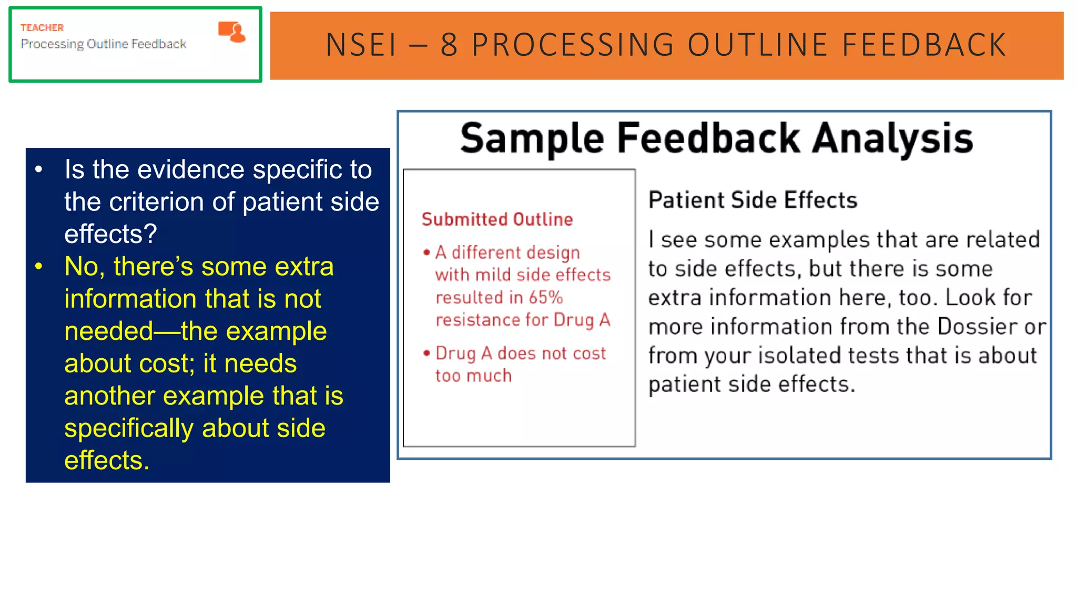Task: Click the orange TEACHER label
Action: [42, 27]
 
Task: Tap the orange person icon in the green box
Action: [232, 32]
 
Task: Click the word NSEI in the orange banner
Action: [361, 45]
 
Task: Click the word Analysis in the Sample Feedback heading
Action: [892, 138]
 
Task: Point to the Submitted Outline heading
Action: [497, 219]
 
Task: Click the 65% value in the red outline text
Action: [546, 298]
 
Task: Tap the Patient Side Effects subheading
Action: [753, 200]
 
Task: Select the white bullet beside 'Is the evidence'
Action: [38, 170]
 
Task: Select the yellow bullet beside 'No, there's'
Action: [38, 267]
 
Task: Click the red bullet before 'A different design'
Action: [426, 253]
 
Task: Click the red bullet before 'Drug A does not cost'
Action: [426, 353]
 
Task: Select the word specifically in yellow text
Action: [129, 428]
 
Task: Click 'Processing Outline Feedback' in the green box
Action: [103, 44]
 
